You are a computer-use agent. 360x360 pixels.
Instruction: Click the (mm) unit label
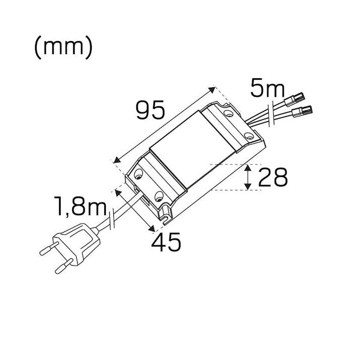(x=63, y=47)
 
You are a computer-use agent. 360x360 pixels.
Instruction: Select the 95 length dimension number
(x=150, y=110)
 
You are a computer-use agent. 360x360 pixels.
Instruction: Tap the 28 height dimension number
(x=273, y=177)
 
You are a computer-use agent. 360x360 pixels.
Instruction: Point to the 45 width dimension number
(x=166, y=242)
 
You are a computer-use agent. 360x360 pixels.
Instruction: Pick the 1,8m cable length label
(x=80, y=206)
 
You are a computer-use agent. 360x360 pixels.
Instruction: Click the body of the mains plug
(x=78, y=244)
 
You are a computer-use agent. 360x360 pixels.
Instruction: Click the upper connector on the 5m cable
(x=294, y=99)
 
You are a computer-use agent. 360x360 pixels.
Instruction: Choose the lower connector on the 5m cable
(x=302, y=112)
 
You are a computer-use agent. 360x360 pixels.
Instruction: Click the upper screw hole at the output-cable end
(x=228, y=113)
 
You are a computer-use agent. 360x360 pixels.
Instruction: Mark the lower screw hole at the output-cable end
(x=249, y=136)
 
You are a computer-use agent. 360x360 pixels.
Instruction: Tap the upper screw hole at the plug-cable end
(x=138, y=173)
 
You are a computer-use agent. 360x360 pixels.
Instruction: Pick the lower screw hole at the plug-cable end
(x=159, y=196)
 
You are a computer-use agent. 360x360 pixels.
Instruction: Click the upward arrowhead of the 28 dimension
(x=248, y=168)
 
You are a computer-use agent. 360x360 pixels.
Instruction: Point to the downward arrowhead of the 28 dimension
(x=248, y=186)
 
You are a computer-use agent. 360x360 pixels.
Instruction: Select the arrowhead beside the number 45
(x=151, y=229)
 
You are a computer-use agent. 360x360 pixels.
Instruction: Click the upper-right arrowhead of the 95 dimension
(x=213, y=90)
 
